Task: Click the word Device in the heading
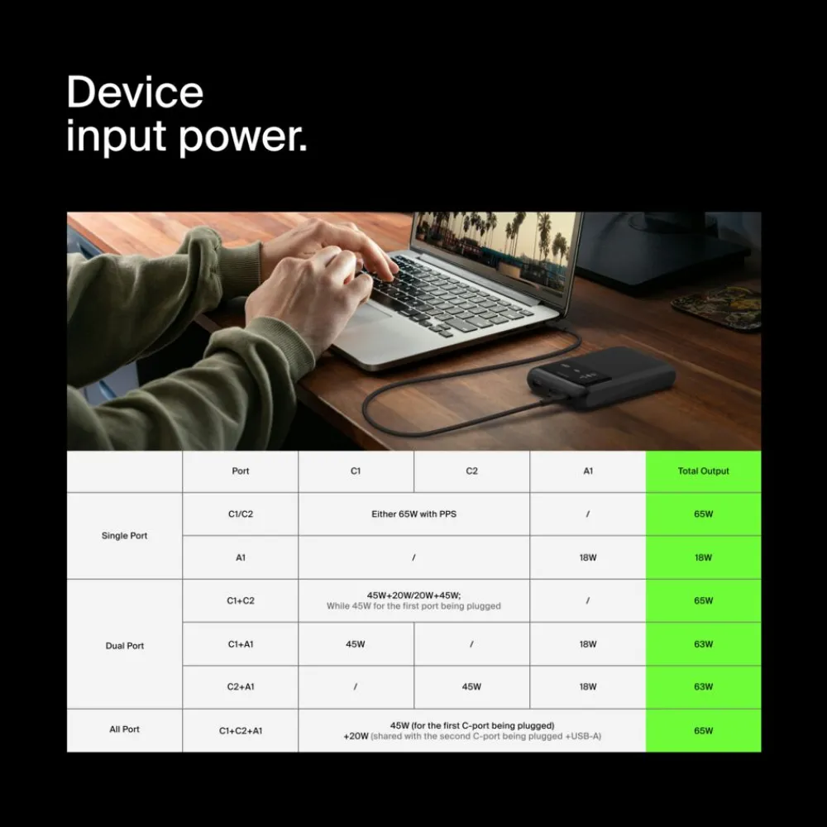135,93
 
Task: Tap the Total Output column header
704,471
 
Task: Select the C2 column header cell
471,471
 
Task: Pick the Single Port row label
125,535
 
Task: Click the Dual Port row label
125,646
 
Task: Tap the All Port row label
125,729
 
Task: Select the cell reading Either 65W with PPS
414,514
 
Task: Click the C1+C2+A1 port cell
241,730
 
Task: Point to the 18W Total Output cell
704,557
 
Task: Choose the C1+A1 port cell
241,644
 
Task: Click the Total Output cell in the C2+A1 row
704,686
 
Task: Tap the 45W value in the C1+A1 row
356,644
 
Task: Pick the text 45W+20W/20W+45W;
414,595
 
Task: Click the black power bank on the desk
601,377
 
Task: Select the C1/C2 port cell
241,514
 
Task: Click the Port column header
241,471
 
